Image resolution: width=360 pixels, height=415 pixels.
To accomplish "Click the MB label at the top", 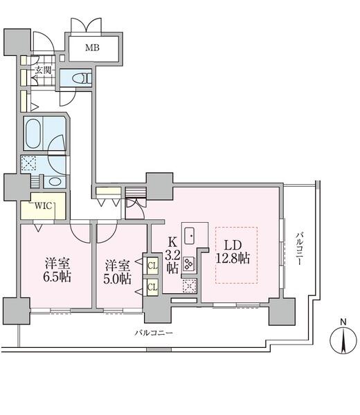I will [92, 48].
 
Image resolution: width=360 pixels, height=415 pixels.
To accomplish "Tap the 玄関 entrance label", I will [42, 69].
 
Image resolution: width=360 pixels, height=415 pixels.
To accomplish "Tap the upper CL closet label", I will [151, 264].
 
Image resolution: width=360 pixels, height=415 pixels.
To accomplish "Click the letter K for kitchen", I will [173, 243].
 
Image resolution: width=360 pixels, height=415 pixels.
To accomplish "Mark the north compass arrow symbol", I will [343, 341].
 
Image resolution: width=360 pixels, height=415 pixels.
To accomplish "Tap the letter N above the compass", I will [343, 322].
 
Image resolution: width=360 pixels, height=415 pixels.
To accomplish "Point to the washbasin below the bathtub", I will [57, 182].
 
